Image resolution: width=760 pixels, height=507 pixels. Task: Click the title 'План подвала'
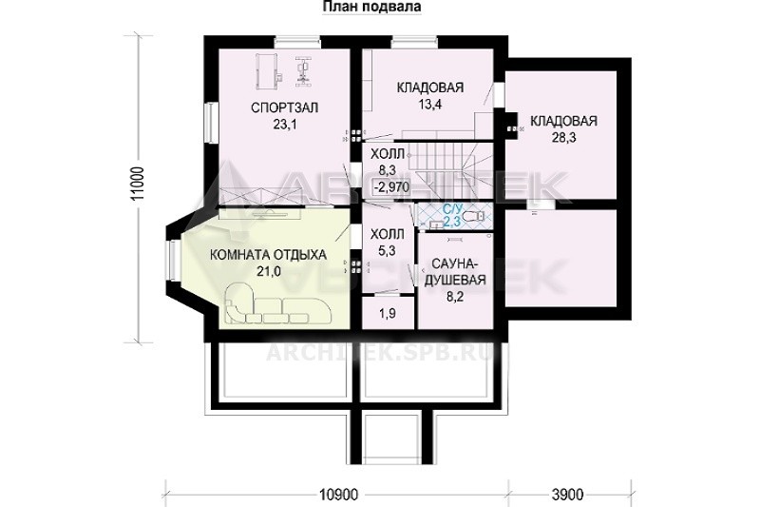(x=371, y=7)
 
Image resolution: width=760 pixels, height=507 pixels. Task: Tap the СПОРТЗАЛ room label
(x=284, y=107)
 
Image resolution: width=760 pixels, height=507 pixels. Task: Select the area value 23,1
(x=284, y=125)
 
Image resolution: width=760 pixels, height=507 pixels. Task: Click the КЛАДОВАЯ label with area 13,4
(x=430, y=88)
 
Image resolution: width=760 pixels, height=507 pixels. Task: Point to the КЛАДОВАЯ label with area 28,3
(x=563, y=121)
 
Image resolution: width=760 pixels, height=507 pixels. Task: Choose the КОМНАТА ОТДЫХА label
(x=268, y=255)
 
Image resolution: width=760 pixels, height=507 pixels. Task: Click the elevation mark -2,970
(x=391, y=186)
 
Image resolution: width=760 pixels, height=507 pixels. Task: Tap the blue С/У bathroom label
(x=452, y=210)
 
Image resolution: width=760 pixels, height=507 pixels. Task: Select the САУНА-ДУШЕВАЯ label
(x=455, y=272)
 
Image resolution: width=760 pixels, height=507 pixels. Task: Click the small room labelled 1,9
(x=388, y=313)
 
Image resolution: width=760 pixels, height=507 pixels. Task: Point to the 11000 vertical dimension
(x=139, y=184)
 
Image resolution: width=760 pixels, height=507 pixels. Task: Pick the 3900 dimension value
(x=567, y=495)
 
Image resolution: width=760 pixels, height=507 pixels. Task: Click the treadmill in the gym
(x=267, y=71)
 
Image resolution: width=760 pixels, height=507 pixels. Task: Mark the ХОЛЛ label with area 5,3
(x=388, y=243)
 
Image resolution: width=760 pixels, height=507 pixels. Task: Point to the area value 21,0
(x=269, y=272)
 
